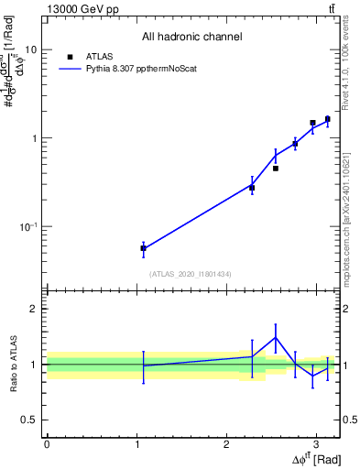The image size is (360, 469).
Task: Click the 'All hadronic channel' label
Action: point(191,38)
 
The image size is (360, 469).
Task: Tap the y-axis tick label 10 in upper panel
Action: point(31,50)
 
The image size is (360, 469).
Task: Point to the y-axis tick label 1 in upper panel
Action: point(35,138)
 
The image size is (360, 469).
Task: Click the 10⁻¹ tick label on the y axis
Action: point(27,226)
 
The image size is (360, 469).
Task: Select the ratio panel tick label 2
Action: point(35,309)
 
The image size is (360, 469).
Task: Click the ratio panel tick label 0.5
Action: point(29,420)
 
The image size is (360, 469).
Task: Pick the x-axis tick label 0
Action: point(47,444)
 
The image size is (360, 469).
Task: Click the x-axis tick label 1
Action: point(136,444)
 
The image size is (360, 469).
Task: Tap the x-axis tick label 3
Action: point(316,444)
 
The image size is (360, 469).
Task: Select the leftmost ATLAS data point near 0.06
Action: point(143,248)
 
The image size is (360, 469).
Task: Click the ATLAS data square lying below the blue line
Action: point(275,169)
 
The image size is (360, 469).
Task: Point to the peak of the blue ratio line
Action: point(275,337)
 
